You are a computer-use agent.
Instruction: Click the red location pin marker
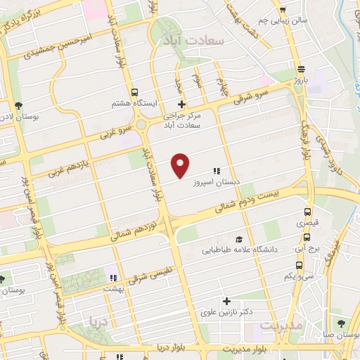[x=181, y=165]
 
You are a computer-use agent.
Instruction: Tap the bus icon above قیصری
[x=306, y=212]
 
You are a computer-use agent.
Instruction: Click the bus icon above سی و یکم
[x=300, y=266]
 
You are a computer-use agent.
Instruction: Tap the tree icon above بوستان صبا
[x=340, y=323]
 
